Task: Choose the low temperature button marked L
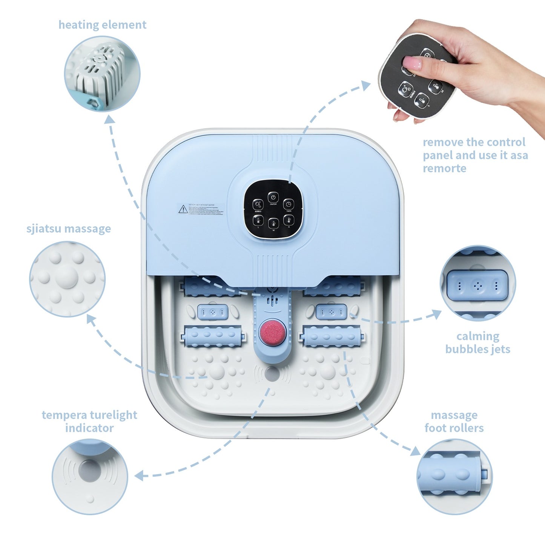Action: [258, 220]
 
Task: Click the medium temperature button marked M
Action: [273, 223]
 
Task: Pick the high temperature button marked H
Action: [289, 220]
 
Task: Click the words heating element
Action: [102, 25]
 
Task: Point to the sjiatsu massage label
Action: [69, 229]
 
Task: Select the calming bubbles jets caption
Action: [477, 342]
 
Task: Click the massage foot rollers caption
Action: [454, 421]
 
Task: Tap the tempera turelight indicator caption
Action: [89, 421]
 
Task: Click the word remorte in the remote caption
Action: [444, 168]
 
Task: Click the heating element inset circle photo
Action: [102, 74]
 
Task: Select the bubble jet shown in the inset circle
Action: [477, 286]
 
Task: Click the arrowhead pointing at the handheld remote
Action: [365, 86]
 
